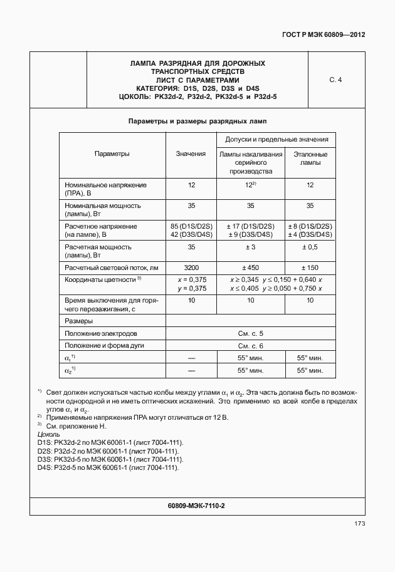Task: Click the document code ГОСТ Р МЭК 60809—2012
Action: [x=324, y=35]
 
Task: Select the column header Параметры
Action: [x=112, y=153]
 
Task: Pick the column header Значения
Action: [x=191, y=153]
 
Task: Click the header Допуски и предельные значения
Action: [x=276, y=138]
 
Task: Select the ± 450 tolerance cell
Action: [x=250, y=268]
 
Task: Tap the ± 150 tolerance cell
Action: [x=310, y=268]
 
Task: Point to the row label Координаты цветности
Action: [x=100, y=279]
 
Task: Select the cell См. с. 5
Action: [x=250, y=333]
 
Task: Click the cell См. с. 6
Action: [x=250, y=346]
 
